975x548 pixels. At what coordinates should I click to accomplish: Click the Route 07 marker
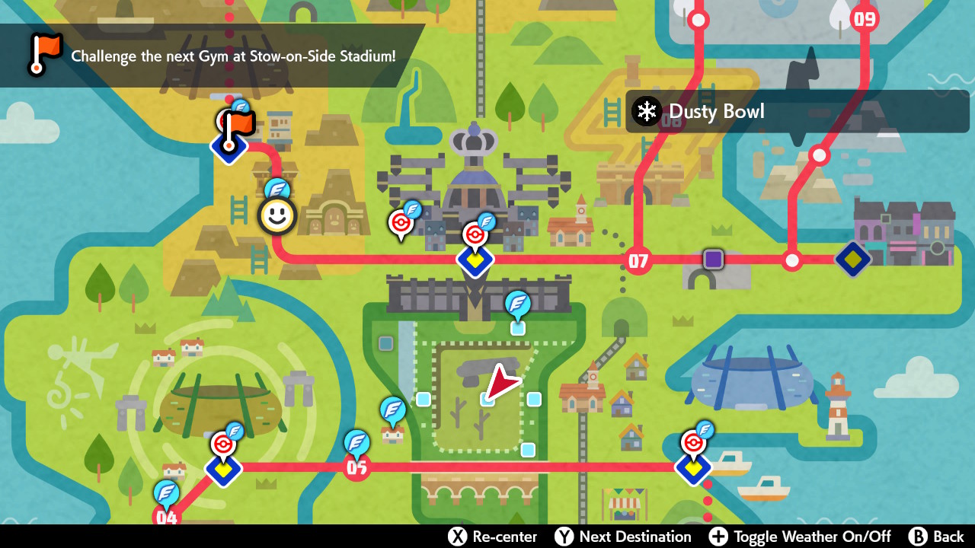(638, 261)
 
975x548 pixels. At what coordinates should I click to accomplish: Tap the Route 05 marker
(356, 467)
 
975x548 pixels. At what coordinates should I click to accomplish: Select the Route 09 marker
(865, 18)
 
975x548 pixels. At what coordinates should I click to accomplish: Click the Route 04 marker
(166, 518)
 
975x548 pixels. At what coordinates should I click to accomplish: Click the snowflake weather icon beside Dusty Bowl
(647, 112)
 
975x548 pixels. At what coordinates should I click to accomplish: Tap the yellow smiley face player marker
(277, 216)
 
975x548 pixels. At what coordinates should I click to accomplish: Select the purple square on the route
(713, 260)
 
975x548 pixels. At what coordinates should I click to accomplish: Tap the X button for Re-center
(457, 537)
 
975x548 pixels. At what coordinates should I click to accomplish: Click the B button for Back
(918, 537)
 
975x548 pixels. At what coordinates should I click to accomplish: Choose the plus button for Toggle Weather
(718, 537)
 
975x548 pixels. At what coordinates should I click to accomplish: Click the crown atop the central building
(474, 140)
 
